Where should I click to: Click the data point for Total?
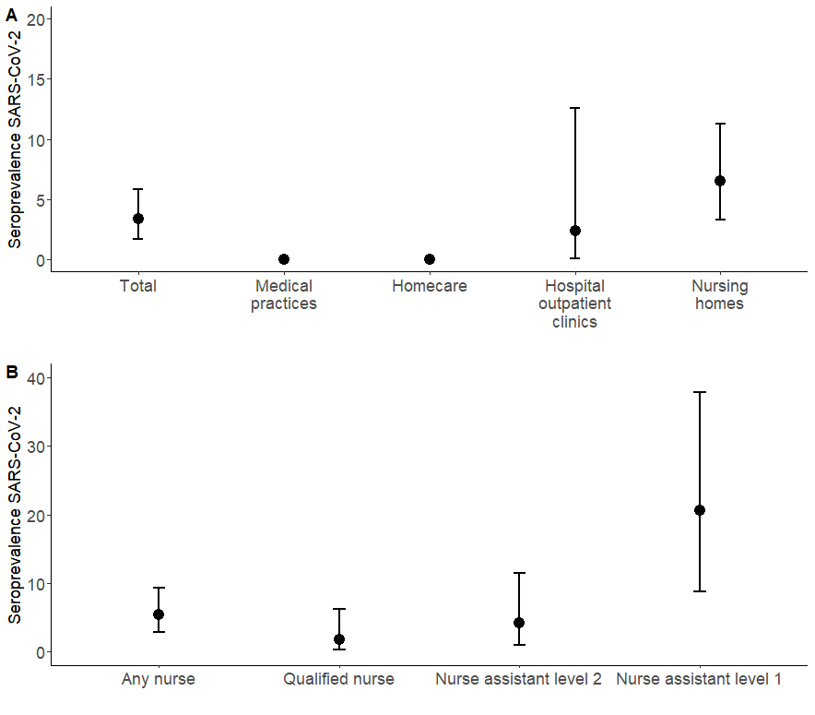(x=138, y=219)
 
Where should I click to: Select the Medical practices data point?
(x=284, y=259)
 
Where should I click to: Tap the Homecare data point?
(x=430, y=259)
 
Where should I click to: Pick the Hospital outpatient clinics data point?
(x=575, y=231)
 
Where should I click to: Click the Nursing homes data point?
(x=720, y=181)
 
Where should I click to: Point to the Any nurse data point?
(x=159, y=614)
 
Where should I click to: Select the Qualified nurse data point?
(x=339, y=639)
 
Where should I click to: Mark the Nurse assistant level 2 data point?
(x=519, y=623)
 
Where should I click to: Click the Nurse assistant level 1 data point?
(x=700, y=510)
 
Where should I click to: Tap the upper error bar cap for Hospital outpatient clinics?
(x=575, y=108)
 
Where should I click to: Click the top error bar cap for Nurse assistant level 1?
(x=700, y=392)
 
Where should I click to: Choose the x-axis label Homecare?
(x=430, y=286)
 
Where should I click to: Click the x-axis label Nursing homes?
(x=720, y=294)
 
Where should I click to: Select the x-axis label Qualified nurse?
(x=339, y=680)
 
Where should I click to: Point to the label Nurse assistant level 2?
(x=519, y=680)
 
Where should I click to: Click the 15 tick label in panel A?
(x=36, y=79)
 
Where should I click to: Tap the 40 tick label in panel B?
(x=36, y=377)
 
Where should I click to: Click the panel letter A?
(x=11, y=14)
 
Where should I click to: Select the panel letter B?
(x=11, y=373)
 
